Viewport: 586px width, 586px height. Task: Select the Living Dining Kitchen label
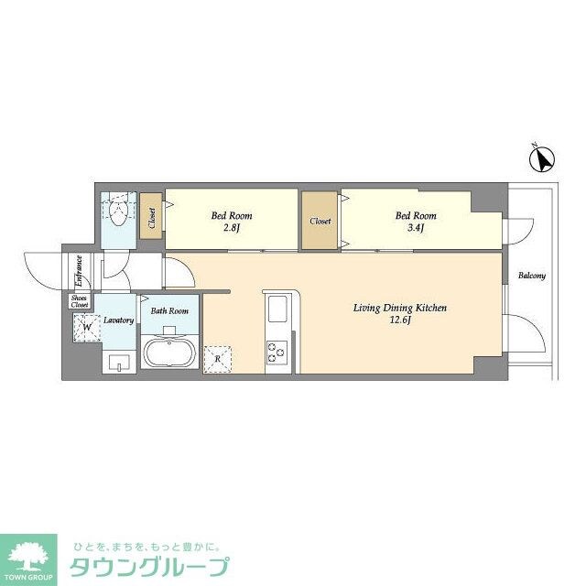pyautogui.click(x=400, y=309)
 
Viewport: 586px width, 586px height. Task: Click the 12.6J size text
pyautogui.click(x=400, y=321)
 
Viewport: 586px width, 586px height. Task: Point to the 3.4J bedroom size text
pyautogui.click(x=415, y=229)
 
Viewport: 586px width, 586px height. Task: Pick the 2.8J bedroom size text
pyautogui.click(x=231, y=229)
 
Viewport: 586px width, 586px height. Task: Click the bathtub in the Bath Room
pyautogui.click(x=168, y=353)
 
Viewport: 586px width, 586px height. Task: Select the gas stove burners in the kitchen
pyautogui.click(x=277, y=351)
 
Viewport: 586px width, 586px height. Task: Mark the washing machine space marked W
pyautogui.click(x=87, y=326)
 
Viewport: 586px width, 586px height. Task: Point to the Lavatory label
pyautogui.click(x=119, y=320)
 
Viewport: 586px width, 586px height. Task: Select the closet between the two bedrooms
pyautogui.click(x=320, y=221)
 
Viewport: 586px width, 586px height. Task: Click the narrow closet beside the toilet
pyautogui.click(x=150, y=218)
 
